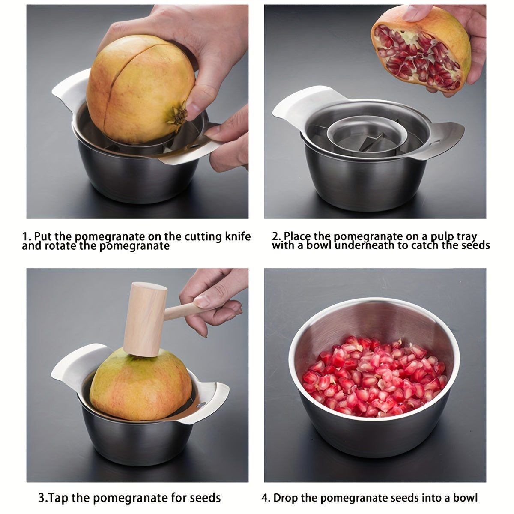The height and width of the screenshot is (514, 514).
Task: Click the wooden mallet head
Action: (x=144, y=319)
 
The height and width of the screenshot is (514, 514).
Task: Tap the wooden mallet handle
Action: (x=182, y=311)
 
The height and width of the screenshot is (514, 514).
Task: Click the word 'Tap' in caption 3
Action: (x=59, y=498)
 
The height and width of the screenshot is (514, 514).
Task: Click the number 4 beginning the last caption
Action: (x=265, y=498)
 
